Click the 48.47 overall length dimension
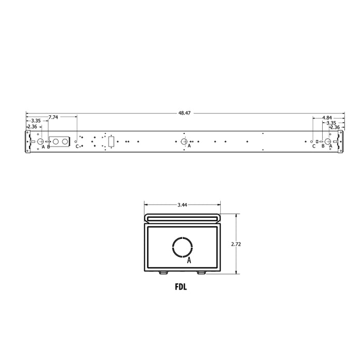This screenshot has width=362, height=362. [185, 113]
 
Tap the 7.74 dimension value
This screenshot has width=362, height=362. [53, 117]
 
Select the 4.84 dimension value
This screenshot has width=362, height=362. [327, 118]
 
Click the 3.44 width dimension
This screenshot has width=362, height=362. [182, 205]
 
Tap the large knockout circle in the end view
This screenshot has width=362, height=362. [182, 247]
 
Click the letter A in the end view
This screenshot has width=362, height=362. [189, 261]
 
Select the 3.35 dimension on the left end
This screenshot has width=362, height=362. [36, 122]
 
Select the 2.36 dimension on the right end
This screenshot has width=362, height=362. [335, 127]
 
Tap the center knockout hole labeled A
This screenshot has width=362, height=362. [184, 142]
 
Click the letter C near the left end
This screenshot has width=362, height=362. [77, 147]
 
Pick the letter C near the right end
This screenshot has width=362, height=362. [313, 147]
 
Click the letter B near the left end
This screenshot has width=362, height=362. [49, 147]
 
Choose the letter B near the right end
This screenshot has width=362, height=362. [323, 147]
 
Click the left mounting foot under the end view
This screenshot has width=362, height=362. [163, 272]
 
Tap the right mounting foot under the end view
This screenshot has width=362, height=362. [201, 272]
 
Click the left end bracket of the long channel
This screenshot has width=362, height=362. [28, 142]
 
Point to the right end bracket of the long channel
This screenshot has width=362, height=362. [340, 142]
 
